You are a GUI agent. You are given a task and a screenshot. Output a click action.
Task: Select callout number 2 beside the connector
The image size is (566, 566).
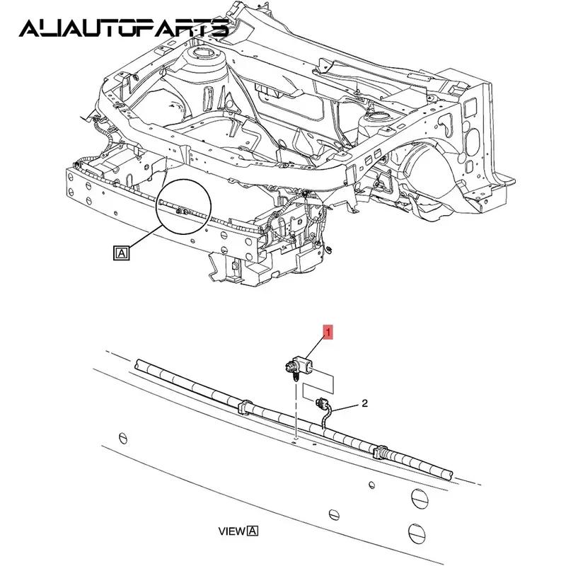pos(364,403)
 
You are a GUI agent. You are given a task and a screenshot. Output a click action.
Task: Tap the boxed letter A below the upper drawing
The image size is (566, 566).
pos(121,251)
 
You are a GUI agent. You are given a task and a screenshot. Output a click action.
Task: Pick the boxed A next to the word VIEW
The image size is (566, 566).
pos(253,531)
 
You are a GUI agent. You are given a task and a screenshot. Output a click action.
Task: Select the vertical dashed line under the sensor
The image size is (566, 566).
pos(294,410)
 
